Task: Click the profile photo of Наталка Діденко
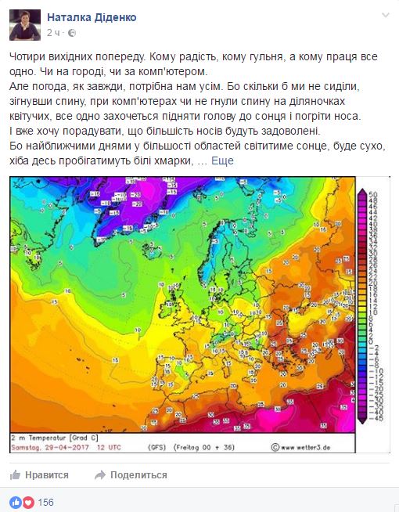pyautogui.click(x=25, y=24)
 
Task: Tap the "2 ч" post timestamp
pyautogui.click(x=54, y=32)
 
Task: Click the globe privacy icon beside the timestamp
pyautogui.click(x=72, y=32)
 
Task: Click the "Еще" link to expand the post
pyautogui.click(x=222, y=160)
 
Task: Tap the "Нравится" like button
pyautogui.click(x=40, y=474)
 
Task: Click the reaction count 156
pyautogui.click(x=45, y=502)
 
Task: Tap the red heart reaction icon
pyautogui.click(x=27, y=502)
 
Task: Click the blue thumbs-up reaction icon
pyautogui.click(x=16, y=502)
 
